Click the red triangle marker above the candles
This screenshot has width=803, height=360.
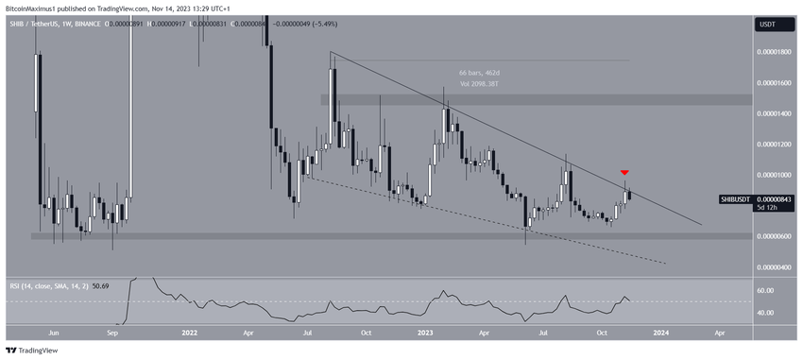click(624, 173)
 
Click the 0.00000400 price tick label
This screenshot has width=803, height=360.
click(776, 267)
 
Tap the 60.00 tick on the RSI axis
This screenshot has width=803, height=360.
click(766, 291)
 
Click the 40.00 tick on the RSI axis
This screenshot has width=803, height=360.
click(766, 313)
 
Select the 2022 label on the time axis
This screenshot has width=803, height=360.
click(190, 334)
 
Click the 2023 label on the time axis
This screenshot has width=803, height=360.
click(426, 334)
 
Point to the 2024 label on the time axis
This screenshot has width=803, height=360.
click(661, 334)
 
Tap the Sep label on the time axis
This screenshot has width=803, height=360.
click(112, 334)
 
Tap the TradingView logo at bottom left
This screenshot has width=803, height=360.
click(33, 351)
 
